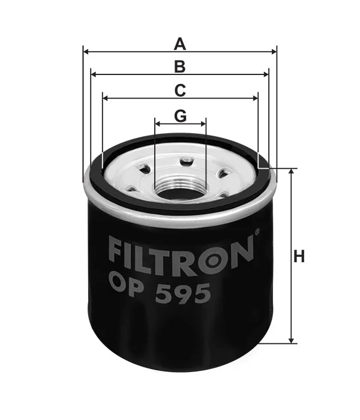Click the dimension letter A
pos(180,44)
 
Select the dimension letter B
pos(180,67)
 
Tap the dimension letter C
pos(180,91)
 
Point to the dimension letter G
pos(180,116)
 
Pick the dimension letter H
pos(299,256)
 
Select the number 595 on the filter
pos(182,293)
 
